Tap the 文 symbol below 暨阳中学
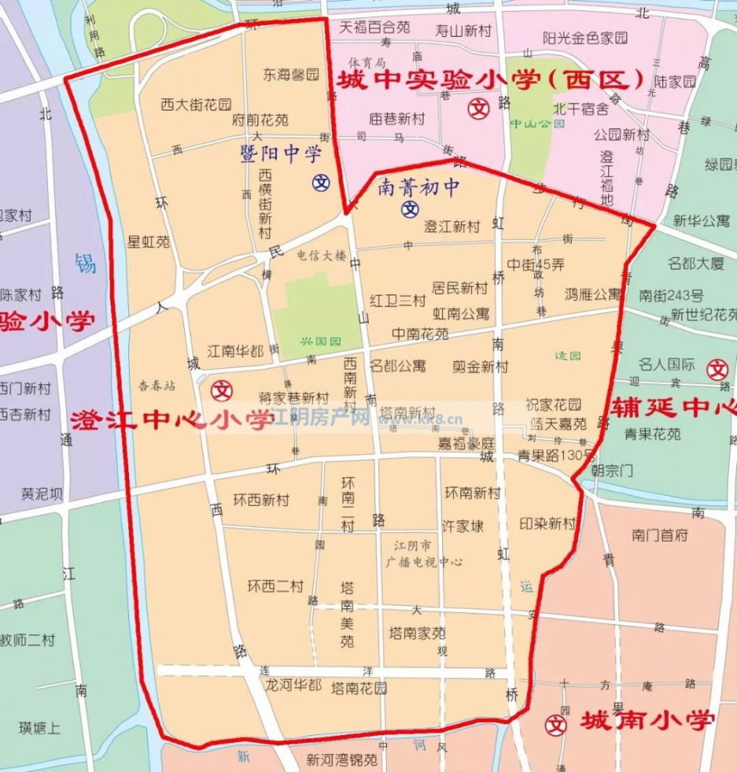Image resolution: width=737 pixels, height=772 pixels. click(321, 181)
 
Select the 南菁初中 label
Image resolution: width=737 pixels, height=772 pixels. click(418, 188)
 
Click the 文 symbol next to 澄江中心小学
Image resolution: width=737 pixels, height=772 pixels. click(222, 389)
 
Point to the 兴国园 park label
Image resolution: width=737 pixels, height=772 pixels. click(321, 342)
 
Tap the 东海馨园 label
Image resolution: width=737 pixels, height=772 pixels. click(292, 74)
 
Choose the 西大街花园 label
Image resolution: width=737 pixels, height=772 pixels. click(196, 105)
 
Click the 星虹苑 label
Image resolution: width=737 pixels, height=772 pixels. click(149, 242)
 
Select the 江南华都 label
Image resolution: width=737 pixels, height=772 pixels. click(234, 351)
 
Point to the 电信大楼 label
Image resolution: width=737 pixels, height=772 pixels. click(321, 256)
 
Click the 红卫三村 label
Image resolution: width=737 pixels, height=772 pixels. click(398, 301)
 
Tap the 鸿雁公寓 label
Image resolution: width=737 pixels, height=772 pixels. click(593, 294)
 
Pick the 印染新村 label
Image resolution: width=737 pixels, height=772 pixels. click(547, 524)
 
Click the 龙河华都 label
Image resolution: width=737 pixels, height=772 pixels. click(293, 685)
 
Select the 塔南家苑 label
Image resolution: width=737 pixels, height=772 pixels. click(417, 633)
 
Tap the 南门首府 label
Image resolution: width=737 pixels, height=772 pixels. click(660, 535)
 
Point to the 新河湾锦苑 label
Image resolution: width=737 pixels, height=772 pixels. click(341, 759)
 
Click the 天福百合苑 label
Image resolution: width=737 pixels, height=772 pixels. click(374, 28)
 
